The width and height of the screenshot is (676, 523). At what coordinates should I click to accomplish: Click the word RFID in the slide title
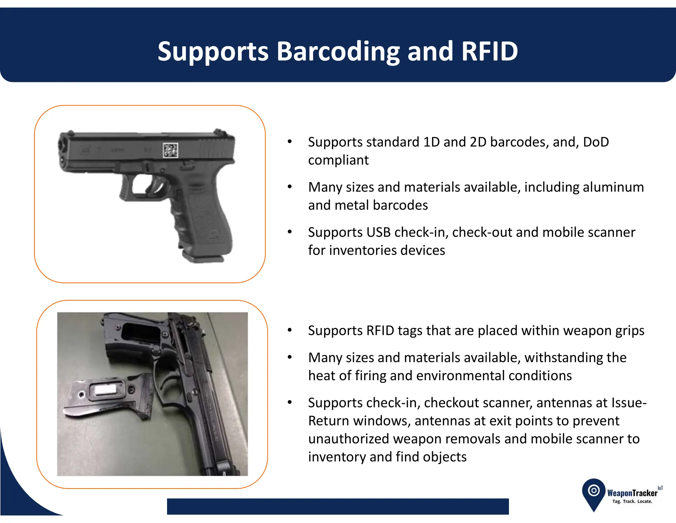pyautogui.click(x=490, y=51)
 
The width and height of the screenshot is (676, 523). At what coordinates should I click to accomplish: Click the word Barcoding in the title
pyautogui.click(x=338, y=52)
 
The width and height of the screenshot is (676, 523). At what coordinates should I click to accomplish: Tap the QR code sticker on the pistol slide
pyautogui.click(x=171, y=150)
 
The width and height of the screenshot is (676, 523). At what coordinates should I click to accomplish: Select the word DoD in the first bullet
pyautogui.click(x=596, y=142)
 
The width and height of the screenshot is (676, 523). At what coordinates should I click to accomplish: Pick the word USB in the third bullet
pyautogui.click(x=379, y=232)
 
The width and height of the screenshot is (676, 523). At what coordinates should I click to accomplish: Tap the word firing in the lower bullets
pyautogui.click(x=370, y=376)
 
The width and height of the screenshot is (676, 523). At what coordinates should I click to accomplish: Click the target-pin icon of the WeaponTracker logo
pyautogui.click(x=594, y=491)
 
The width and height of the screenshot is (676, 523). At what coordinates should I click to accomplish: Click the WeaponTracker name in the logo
pyautogui.click(x=632, y=493)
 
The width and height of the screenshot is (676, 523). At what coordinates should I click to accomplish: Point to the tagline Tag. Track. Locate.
pyautogui.click(x=632, y=502)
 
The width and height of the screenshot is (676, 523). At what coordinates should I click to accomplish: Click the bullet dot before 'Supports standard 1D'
pyautogui.click(x=290, y=142)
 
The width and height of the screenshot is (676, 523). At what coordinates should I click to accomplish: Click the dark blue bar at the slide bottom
pyautogui.click(x=338, y=506)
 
